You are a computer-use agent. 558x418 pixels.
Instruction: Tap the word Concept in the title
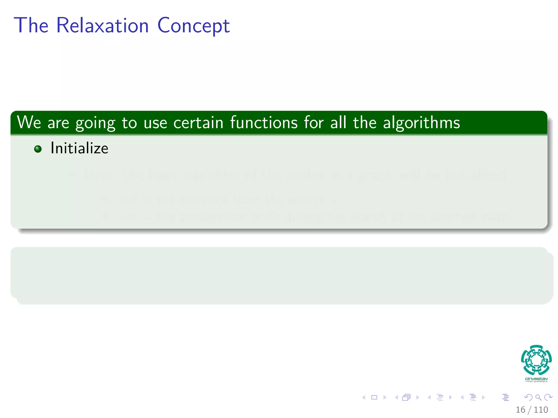click(x=193, y=26)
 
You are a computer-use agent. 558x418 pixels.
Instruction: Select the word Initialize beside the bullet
click(x=79, y=148)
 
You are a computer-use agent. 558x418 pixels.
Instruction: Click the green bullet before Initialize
click(x=38, y=149)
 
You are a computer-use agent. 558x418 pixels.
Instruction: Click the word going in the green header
click(x=95, y=123)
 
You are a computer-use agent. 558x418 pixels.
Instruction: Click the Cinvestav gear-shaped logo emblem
click(x=536, y=360)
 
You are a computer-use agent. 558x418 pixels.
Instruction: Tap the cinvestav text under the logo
click(x=536, y=379)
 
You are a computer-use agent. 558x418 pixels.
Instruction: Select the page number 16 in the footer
click(x=520, y=410)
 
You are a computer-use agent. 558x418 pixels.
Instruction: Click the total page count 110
click(x=541, y=410)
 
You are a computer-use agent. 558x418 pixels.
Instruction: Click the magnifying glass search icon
click(x=538, y=397)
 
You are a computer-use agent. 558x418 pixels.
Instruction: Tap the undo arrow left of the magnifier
click(x=528, y=397)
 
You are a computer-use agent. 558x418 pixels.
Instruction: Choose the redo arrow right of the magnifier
click(x=548, y=397)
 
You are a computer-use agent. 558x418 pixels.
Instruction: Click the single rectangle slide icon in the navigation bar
click(x=374, y=397)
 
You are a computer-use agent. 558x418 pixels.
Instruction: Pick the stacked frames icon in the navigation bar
click(x=406, y=397)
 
